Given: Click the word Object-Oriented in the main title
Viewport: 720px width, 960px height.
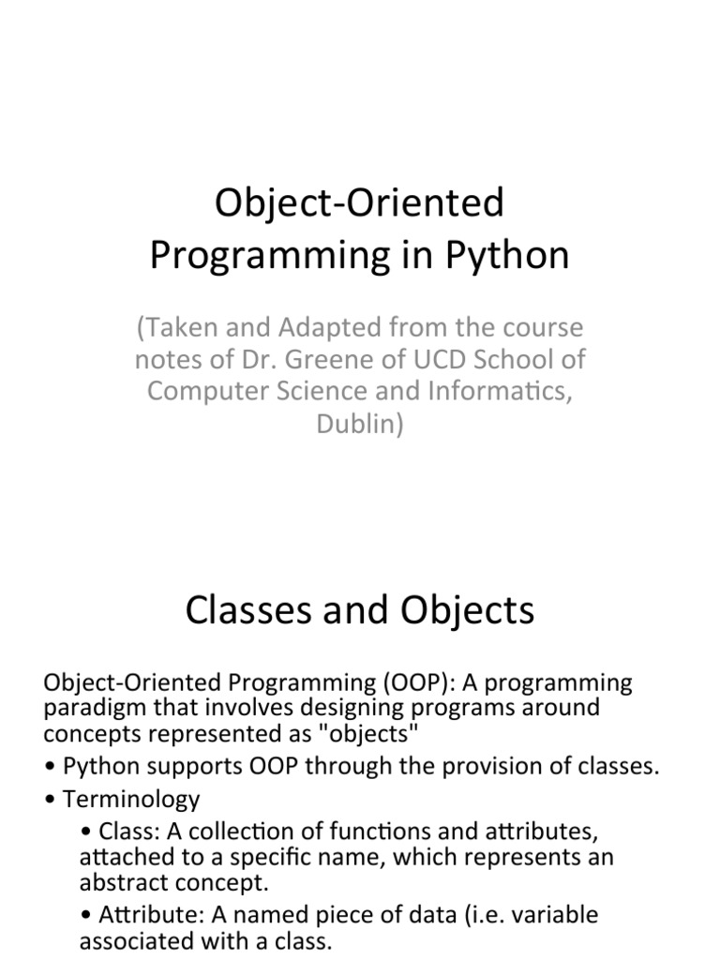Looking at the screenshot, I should pyautogui.click(x=360, y=202).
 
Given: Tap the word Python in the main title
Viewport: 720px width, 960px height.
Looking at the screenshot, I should pyautogui.click(x=507, y=256).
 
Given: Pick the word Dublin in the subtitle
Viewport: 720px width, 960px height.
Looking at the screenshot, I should pyautogui.click(x=360, y=424).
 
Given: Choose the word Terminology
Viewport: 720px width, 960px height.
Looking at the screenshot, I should pyautogui.click(x=131, y=799).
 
